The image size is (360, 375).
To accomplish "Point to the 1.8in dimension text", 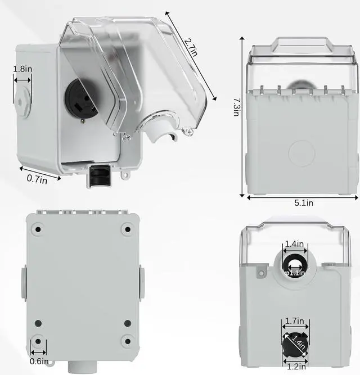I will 22,69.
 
